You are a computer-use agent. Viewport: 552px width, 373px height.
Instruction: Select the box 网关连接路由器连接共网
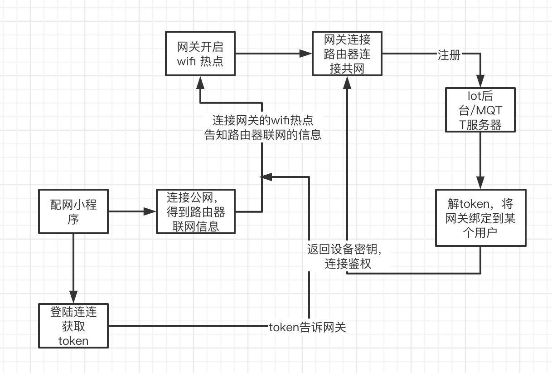(x=347, y=54)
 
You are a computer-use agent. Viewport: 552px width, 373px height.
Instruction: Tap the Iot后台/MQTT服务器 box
(x=480, y=110)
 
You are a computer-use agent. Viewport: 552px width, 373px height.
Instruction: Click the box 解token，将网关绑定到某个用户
(x=480, y=218)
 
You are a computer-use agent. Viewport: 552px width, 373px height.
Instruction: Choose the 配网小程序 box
(x=73, y=211)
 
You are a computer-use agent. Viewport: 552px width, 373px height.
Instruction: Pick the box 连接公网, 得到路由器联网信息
(x=195, y=211)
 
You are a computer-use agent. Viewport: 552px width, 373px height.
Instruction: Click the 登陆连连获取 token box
(x=73, y=326)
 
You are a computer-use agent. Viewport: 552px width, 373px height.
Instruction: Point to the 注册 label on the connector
(x=449, y=55)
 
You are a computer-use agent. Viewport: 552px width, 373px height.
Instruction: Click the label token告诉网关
(x=307, y=327)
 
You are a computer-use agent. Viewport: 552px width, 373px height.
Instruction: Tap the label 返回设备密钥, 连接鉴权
(x=348, y=256)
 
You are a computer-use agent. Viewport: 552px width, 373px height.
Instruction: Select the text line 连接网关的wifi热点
(x=263, y=121)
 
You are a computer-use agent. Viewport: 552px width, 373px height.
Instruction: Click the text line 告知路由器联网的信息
(x=263, y=135)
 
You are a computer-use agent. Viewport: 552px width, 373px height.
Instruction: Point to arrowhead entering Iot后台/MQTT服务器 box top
(x=480, y=83)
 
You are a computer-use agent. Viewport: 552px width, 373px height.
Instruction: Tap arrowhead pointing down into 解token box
(x=480, y=183)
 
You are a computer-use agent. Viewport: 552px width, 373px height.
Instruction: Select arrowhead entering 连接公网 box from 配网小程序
(x=150, y=211)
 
